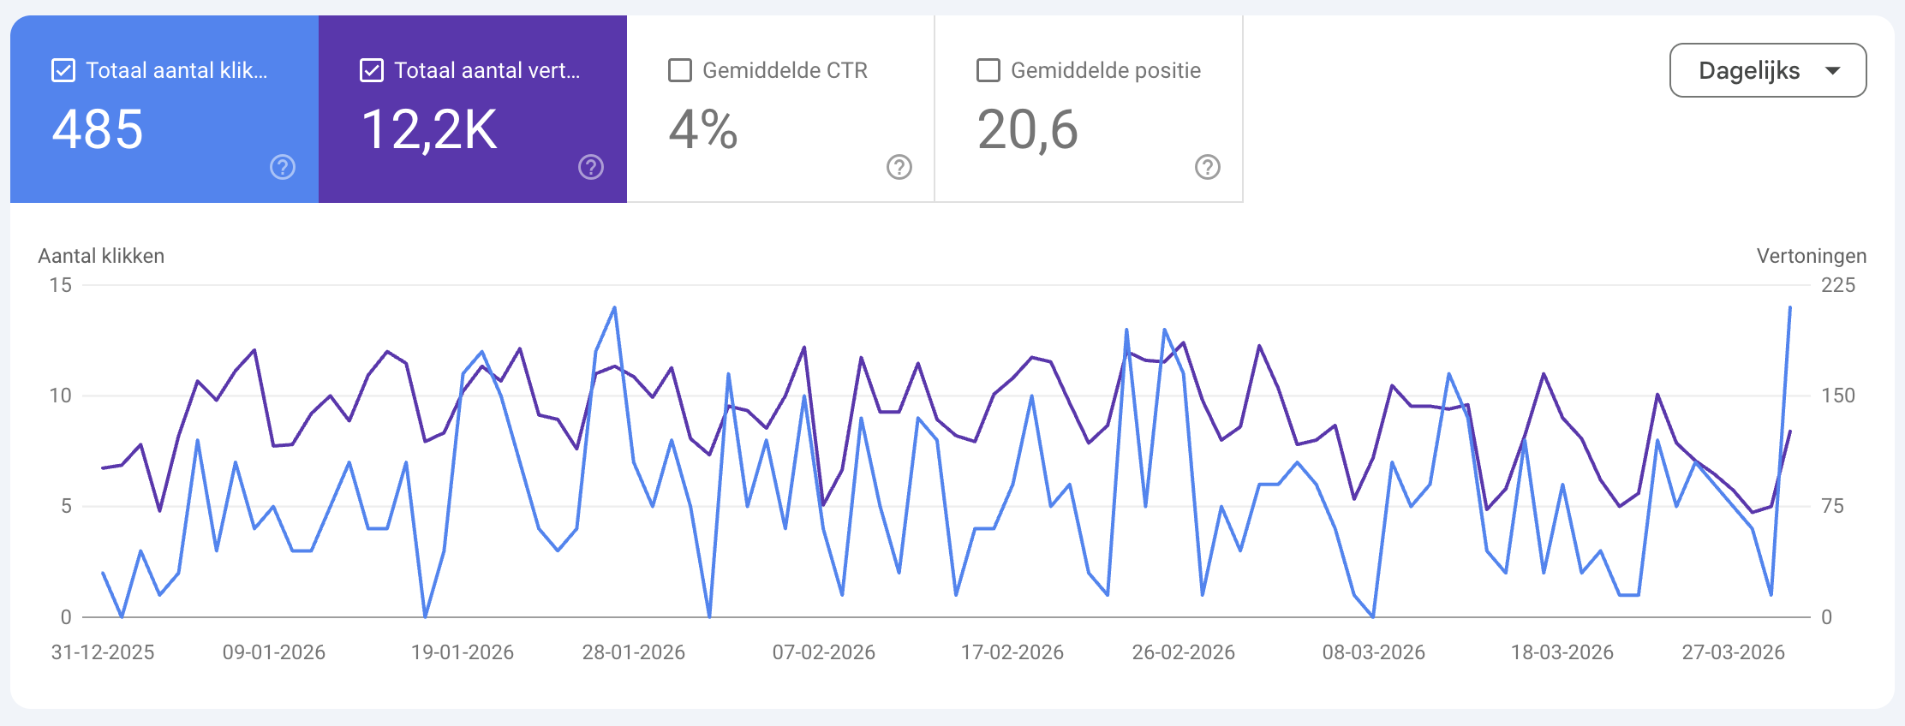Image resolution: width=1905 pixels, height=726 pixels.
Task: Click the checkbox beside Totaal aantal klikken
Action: click(x=63, y=70)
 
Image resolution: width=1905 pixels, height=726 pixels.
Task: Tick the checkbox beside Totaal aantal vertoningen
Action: click(x=372, y=70)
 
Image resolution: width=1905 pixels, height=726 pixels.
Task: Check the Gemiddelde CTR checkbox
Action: click(x=680, y=70)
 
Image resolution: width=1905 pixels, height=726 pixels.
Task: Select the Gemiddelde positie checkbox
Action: click(x=988, y=70)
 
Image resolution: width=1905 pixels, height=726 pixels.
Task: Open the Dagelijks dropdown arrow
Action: click(x=1832, y=70)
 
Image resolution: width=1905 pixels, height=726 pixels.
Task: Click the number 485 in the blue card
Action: click(x=98, y=130)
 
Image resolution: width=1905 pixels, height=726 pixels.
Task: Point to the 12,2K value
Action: click(x=429, y=130)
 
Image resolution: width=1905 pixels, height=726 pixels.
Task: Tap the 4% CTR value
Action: click(x=702, y=130)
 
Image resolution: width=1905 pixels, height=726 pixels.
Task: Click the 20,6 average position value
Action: click(x=1027, y=130)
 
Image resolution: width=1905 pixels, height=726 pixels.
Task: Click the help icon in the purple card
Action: click(x=591, y=167)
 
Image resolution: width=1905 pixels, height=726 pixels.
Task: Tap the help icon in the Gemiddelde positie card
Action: click(x=1208, y=167)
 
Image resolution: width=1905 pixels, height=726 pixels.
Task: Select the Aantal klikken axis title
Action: click(x=101, y=256)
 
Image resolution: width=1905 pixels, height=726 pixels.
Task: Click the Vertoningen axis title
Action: click(x=1811, y=256)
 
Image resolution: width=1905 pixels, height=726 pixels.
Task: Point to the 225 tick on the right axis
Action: click(x=1837, y=285)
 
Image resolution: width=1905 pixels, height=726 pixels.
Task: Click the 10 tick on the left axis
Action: click(x=60, y=396)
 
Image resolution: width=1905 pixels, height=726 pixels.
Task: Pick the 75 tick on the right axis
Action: click(x=1832, y=506)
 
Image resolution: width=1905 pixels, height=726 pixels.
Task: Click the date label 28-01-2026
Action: click(x=633, y=652)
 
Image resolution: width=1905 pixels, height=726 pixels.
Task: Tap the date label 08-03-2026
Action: click(x=1373, y=652)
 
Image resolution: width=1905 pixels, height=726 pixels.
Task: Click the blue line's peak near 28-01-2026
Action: click(x=615, y=308)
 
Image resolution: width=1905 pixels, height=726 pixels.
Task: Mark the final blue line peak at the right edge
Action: click(x=1790, y=307)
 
